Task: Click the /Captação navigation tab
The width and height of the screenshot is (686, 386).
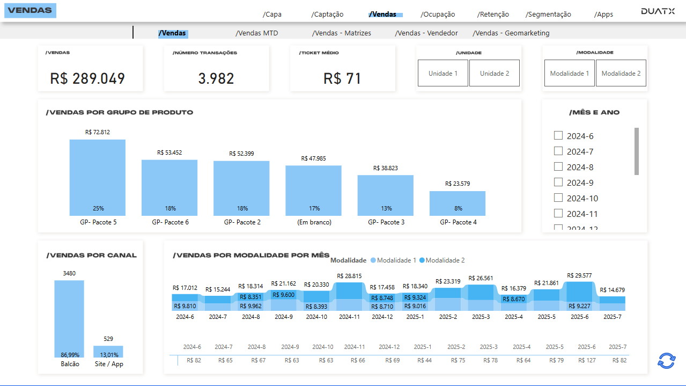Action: (327, 14)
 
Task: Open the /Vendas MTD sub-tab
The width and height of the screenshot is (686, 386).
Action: (256, 33)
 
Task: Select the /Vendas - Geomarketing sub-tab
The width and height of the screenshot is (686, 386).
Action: (511, 33)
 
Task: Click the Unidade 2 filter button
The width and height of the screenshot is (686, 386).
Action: (494, 74)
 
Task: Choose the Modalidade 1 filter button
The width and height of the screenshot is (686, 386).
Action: (569, 74)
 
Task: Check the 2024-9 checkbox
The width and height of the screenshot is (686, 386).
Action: (558, 182)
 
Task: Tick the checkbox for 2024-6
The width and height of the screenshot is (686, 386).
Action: (558, 135)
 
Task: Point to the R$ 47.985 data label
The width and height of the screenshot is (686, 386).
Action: (313, 158)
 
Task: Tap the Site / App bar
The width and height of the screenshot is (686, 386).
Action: (108, 351)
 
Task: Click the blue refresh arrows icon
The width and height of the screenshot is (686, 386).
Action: (666, 361)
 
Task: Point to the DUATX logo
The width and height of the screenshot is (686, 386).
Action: (658, 11)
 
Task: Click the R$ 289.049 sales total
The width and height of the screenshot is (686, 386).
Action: (87, 78)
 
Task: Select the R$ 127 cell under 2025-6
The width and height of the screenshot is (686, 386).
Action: (586, 360)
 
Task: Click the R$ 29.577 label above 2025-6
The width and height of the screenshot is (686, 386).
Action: (579, 275)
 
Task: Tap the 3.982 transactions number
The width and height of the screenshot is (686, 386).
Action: (216, 78)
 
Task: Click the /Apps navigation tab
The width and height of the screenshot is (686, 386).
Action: (603, 14)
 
